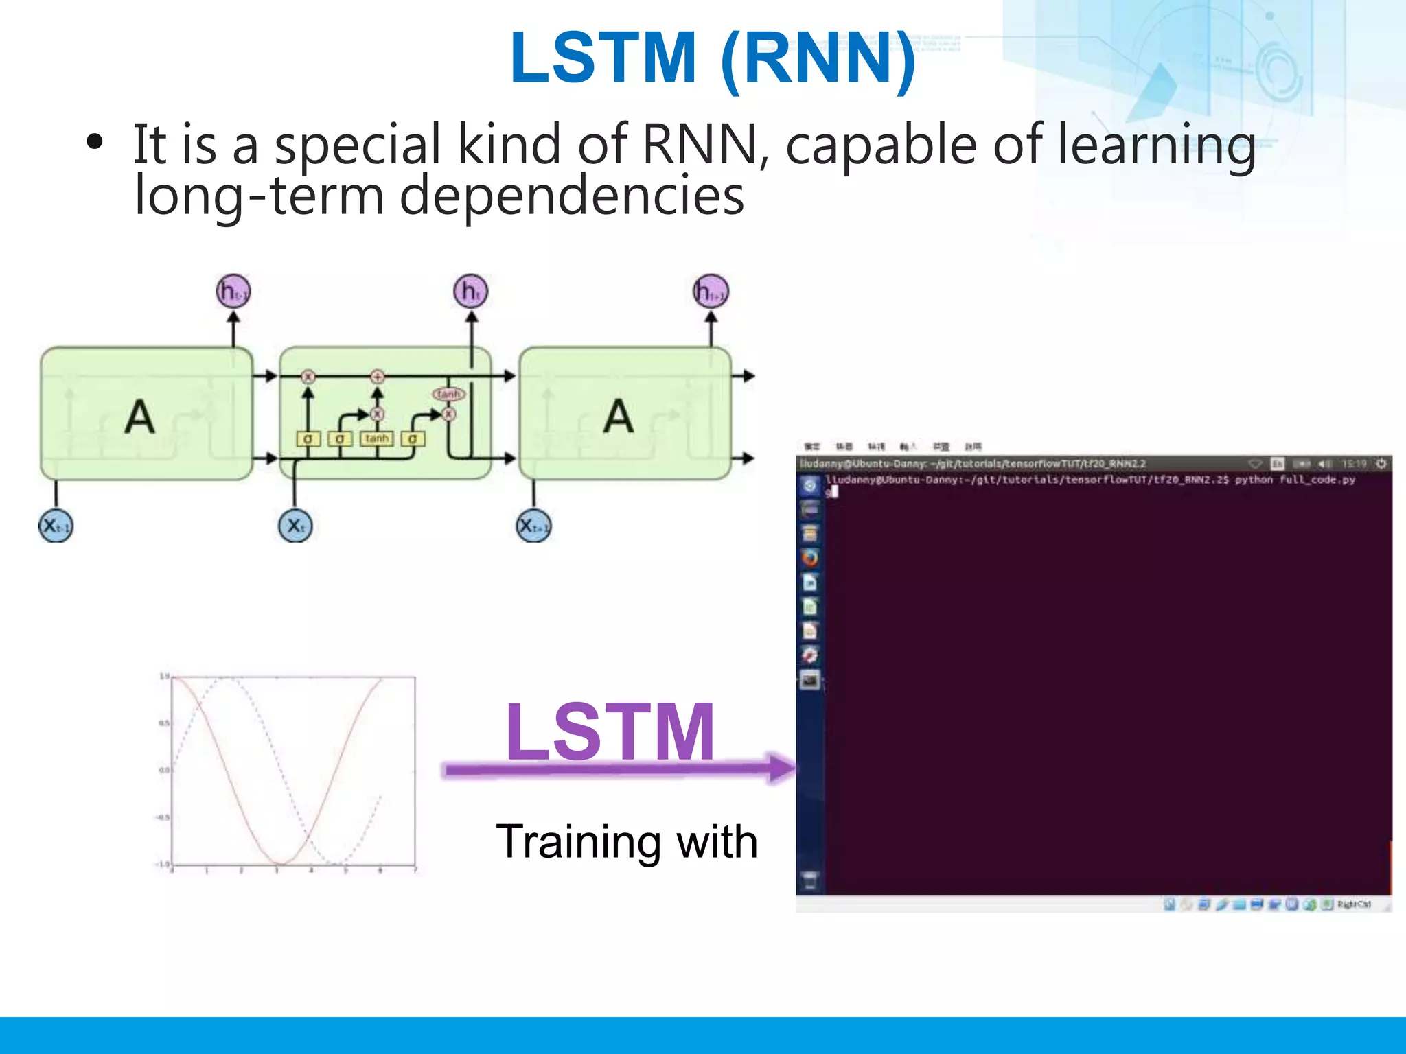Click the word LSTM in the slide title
point(603,58)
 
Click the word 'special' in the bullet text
point(358,145)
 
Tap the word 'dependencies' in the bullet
point(572,196)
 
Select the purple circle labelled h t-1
point(233,292)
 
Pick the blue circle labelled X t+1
point(533,526)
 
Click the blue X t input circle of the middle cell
point(295,526)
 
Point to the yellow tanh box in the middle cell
point(376,438)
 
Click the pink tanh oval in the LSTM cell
point(448,394)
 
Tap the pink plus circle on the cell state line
point(377,376)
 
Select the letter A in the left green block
point(139,417)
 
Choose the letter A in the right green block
point(619,417)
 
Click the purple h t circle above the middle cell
point(470,292)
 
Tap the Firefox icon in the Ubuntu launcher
point(810,558)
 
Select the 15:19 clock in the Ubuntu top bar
point(1354,465)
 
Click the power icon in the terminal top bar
point(1381,465)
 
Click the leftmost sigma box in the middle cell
point(308,438)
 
